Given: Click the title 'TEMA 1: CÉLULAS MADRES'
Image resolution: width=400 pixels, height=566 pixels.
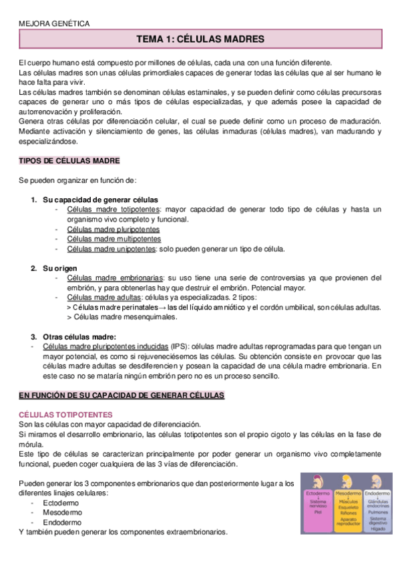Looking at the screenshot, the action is [x=200, y=39].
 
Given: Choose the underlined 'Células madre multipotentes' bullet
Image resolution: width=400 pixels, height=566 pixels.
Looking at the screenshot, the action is [x=114, y=239].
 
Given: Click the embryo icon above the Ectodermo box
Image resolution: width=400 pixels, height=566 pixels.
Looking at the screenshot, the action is [x=317, y=482].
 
